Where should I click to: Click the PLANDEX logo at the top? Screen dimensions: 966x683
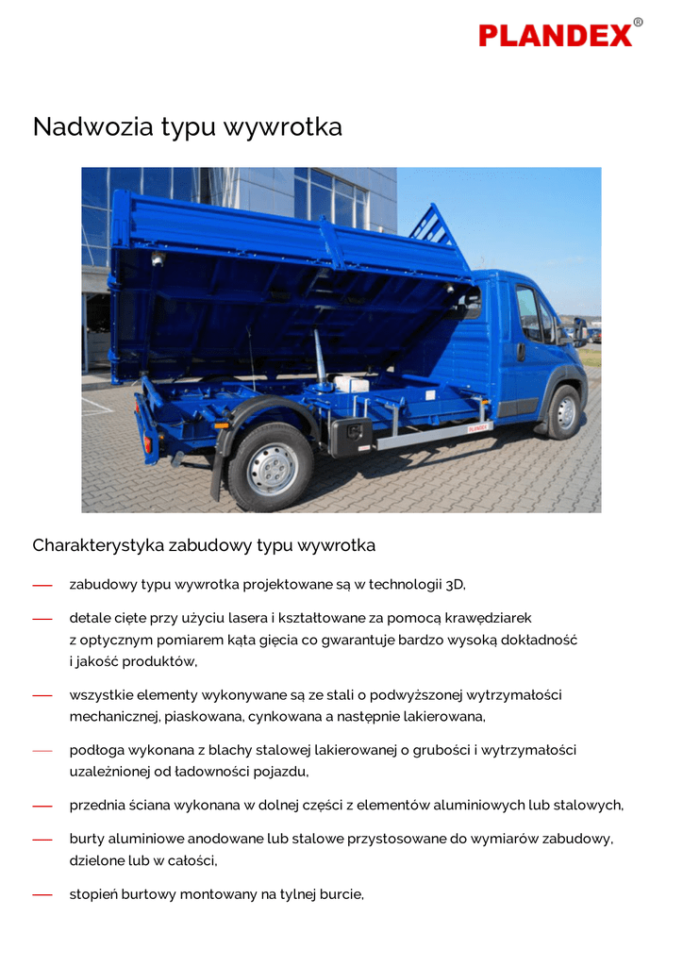[x=556, y=35]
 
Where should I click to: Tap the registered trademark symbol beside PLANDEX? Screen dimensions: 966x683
[x=638, y=23]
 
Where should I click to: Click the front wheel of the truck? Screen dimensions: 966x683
[x=565, y=412]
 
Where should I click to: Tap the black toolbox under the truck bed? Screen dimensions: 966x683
[x=351, y=437]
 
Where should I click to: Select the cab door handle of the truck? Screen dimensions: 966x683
[x=521, y=352]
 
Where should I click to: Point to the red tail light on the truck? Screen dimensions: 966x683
[x=147, y=444]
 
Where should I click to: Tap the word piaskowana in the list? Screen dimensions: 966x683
[x=204, y=717]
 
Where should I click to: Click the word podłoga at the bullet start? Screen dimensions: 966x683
[x=96, y=751]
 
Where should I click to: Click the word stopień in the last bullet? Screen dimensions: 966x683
[x=93, y=894]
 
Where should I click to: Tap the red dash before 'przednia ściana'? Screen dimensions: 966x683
[x=42, y=807]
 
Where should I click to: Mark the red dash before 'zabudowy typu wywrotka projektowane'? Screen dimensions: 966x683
[x=42, y=586]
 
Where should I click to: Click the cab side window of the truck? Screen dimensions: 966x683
[x=529, y=312]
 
